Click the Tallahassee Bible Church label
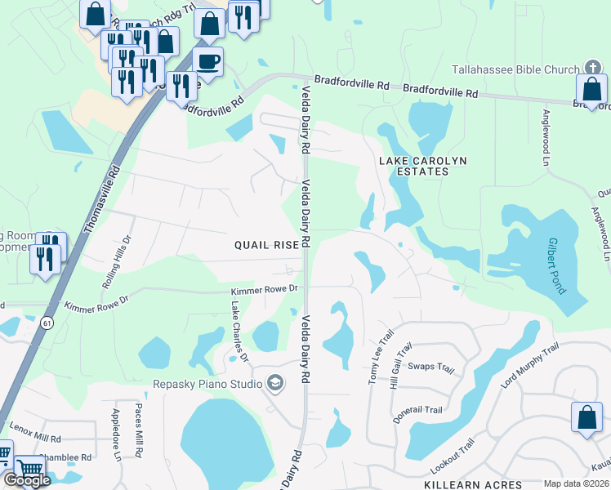[515, 69]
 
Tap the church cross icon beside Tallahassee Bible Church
[592, 69]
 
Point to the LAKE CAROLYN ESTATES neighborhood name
[424, 166]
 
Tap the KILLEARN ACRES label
[473, 484]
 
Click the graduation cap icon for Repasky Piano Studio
[274, 383]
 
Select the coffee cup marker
[208, 61]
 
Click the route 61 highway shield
[42, 324]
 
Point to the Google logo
[26, 479]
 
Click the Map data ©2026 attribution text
[576, 483]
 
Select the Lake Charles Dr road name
[239, 332]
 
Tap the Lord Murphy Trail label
[530, 365]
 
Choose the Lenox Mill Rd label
[35, 433]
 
